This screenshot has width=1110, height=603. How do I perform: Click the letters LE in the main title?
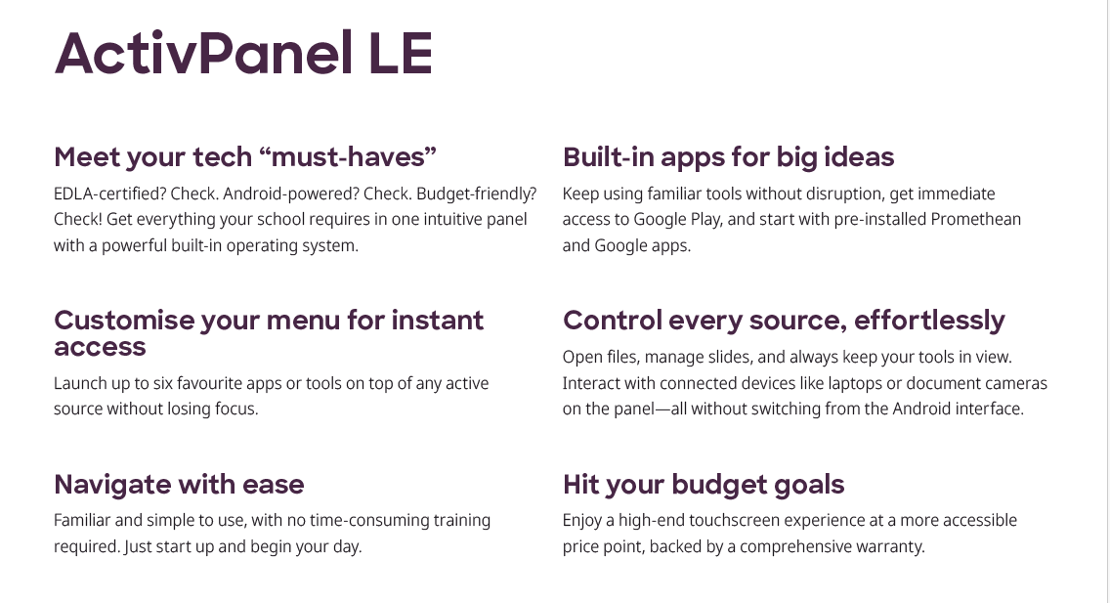[x=401, y=54]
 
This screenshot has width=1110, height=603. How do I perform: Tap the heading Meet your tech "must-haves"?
[x=245, y=157]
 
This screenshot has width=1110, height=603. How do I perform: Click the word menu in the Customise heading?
[x=304, y=321]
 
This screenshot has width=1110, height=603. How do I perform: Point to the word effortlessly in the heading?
[x=929, y=321]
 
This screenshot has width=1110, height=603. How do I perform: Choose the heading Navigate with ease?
[x=179, y=485]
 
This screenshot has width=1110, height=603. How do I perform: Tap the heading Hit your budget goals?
[x=704, y=485]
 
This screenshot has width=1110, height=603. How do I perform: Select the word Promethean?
[x=975, y=219]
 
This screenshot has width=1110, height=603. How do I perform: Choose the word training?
[x=462, y=522]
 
